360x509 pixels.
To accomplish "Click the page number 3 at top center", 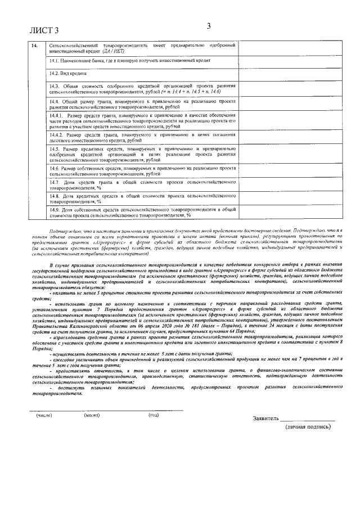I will click(x=208, y=25).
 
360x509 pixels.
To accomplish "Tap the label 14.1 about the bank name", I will click(x=129, y=60).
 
